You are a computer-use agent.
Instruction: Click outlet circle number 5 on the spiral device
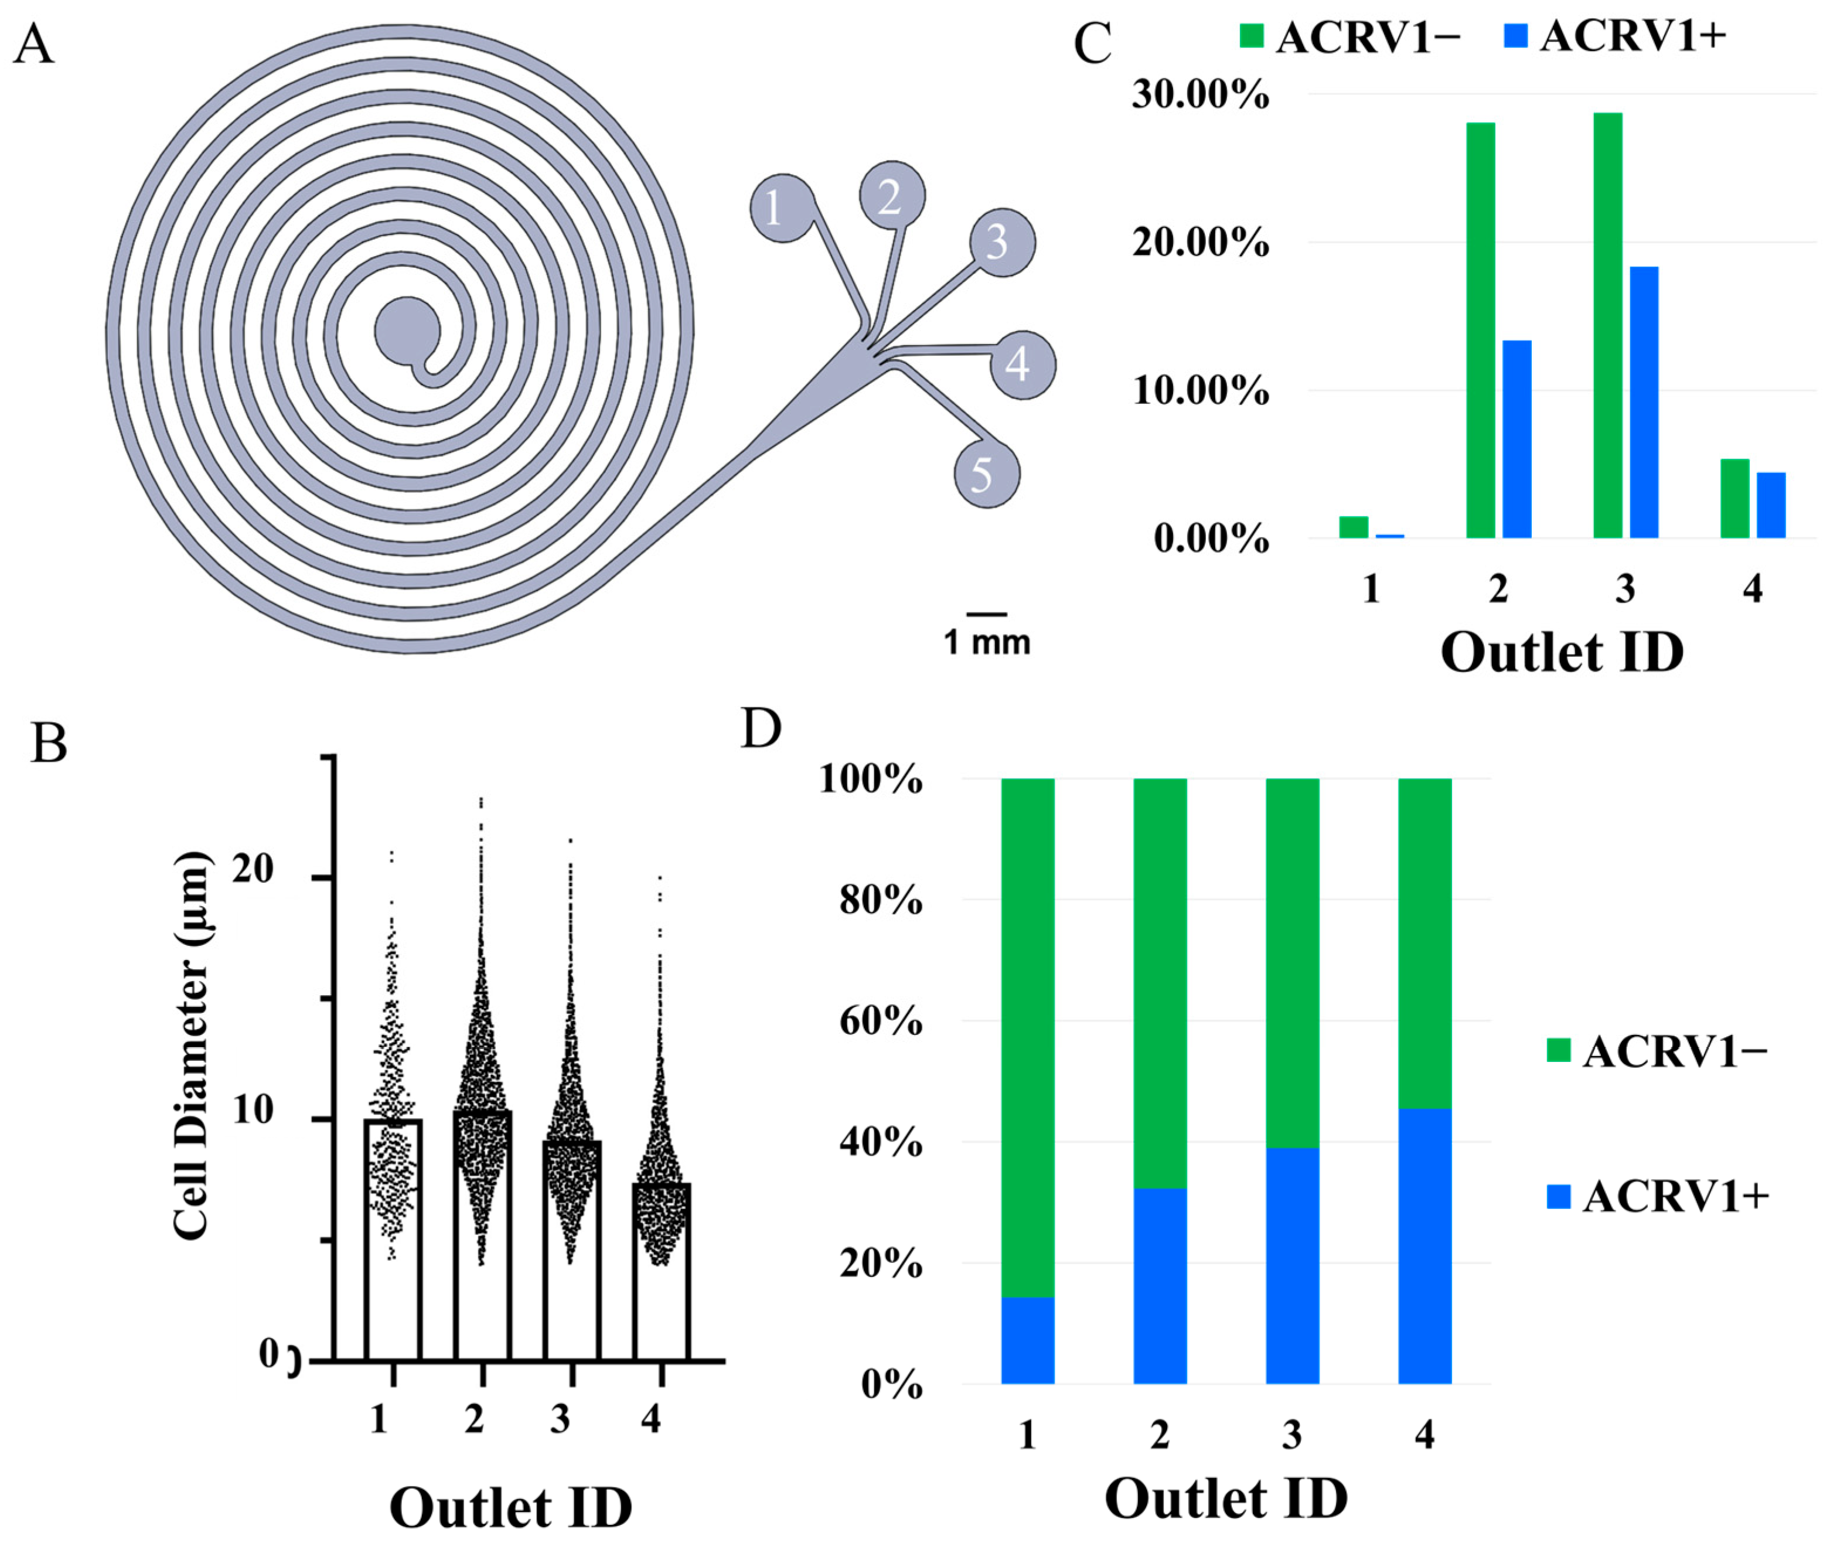tap(987, 474)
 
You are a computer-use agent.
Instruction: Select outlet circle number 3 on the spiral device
tap(1002, 243)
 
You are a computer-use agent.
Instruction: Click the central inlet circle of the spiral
tap(407, 331)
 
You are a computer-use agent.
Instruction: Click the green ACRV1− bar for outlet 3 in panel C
tap(1607, 325)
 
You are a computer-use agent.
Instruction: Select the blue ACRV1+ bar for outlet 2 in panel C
tap(1517, 438)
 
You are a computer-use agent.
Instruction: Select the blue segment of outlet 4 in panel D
tap(1424, 1247)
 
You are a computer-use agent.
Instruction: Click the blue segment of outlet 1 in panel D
tap(1027, 1340)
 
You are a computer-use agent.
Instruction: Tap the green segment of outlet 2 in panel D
tap(1160, 982)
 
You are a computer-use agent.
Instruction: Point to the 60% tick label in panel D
tap(881, 1021)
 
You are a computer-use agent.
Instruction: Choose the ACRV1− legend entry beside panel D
tap(1657, 1051)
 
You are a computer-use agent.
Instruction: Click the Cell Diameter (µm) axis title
tap(191, 1045)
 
